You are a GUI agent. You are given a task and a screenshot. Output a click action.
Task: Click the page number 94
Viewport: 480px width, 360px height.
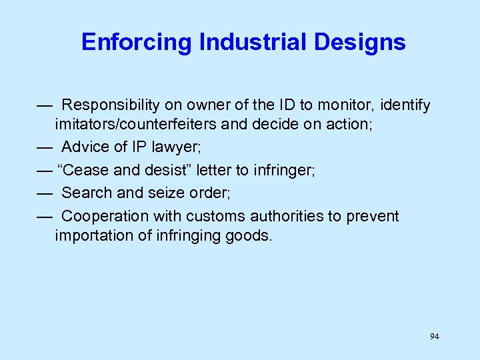[x=435, y=337]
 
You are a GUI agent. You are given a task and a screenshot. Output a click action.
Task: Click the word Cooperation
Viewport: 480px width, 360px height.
[x=105, y=216]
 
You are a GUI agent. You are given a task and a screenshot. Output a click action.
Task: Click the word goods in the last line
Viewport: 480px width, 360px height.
[x=251, y=235]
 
